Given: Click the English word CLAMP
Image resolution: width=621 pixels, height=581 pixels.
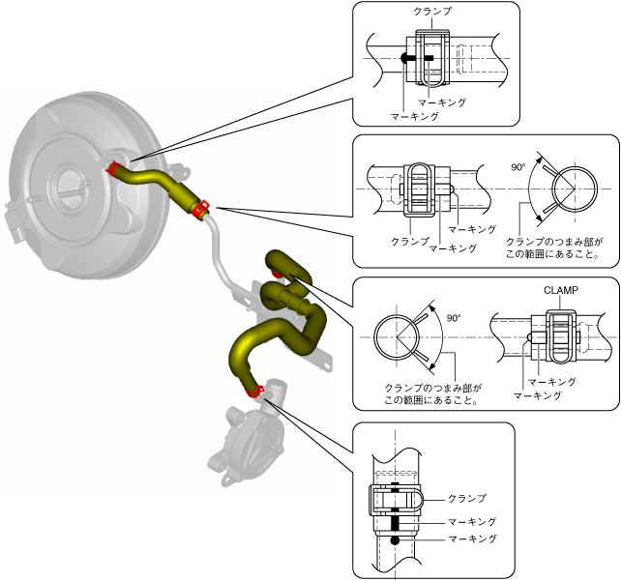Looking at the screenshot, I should [561, 289].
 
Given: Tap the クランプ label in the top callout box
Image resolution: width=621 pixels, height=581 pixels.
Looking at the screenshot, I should [431, 12].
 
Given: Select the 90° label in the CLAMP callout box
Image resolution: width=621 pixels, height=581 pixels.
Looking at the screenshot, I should [454, 317].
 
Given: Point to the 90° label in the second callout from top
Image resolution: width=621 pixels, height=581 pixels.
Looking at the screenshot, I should [518, 167].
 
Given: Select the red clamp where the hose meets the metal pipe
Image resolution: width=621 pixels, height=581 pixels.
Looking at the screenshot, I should [201, 208].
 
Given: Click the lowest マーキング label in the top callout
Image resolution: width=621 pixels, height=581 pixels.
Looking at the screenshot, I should [415, 115].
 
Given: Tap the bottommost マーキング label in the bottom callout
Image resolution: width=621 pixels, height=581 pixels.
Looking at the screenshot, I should [466, 537].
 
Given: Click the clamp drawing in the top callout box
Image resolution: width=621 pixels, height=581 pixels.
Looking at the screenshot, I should [431, 58].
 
